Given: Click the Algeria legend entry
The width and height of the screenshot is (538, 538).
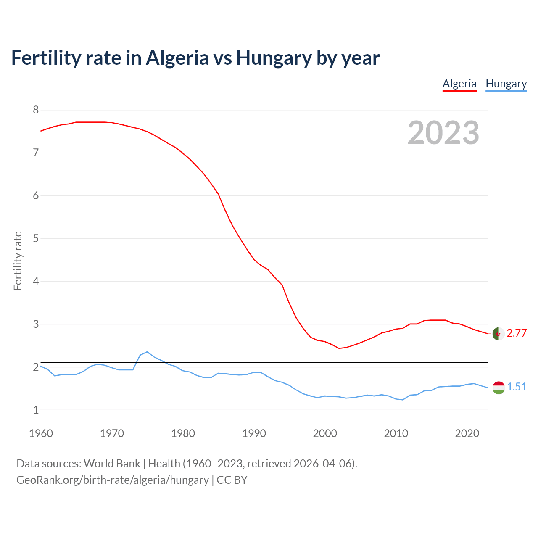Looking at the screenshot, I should click(459, 84).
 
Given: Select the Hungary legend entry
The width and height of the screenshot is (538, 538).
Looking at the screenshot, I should click(506, 84).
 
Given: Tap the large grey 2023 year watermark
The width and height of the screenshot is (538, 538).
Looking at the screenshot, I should click(443, 133).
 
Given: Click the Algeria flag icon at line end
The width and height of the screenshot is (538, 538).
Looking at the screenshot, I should click(498, 334).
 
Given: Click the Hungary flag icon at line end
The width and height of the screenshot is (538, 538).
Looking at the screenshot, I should click(498, 388).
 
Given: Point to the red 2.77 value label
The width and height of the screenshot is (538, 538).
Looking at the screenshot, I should click(517, 333).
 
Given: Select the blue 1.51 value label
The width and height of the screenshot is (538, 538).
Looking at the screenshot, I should click(517, 387).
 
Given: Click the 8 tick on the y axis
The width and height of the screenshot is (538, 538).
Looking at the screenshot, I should click(36, 110).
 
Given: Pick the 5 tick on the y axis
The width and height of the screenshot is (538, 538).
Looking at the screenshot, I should click(36, 239).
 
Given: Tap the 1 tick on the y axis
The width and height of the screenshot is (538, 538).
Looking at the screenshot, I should click(36, 410).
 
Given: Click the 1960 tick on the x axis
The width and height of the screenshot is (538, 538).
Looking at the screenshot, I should click(41, 433).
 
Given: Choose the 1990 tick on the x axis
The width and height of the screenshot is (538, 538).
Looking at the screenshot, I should click(254, 433).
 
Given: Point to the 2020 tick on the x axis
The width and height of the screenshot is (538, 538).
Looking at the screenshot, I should click(467, 433).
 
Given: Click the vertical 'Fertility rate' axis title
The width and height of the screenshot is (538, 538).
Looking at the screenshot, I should click(18, 261).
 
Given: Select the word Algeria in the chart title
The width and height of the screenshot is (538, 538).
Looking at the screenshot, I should click(177, 58).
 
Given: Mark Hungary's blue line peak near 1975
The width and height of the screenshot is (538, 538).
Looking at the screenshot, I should click(147, 352).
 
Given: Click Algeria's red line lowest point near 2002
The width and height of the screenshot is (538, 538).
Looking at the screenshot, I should click(339, 348).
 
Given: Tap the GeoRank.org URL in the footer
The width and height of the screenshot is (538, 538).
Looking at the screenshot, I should click(113, 480).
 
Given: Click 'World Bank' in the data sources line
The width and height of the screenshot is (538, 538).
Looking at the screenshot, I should click(112, 464).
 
